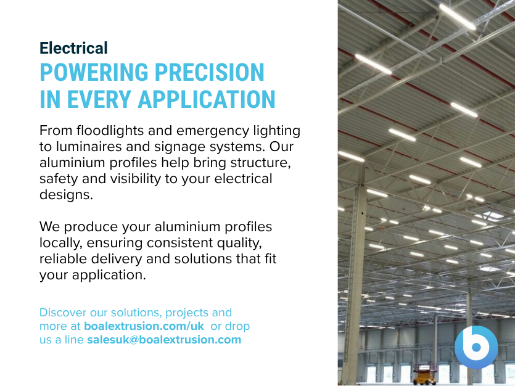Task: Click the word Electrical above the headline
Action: pyautogui.click(x=73, y=48)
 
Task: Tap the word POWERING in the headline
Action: pyautogui.click(x=94, y=72)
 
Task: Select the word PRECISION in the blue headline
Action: pyautogui.click(x=209, y=72)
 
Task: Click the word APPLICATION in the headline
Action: pyautogui.click(x=207, y=99)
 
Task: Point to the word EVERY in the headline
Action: pyautogui.click(x=99, y=99)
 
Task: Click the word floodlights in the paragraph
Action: pyautogui.click(x=110, y=131)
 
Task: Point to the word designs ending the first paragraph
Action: pyautogui.click(x=67, y=195)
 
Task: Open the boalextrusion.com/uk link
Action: pyautogui.click(x=144, y=326)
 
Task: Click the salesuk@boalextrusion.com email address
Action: pyautogui.click(x=164, y=340)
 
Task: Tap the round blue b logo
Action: pyautogui.click(x=476, y=347)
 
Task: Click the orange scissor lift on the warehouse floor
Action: pyautogui.click(x=424, y=374)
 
